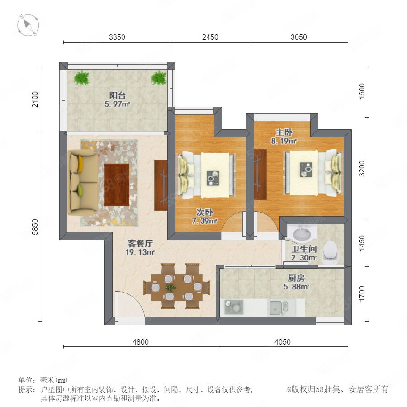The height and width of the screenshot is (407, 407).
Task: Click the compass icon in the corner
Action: (28, 25)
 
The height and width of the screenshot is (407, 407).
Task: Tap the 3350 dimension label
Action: (117, 37)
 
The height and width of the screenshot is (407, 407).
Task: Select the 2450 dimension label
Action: (210, 37)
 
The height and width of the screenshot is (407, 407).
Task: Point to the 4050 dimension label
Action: (283, 342)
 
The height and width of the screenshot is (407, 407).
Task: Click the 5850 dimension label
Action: (35, 227)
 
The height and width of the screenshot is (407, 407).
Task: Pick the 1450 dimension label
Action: (362, 243)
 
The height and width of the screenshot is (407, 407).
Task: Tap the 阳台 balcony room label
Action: (117, 95)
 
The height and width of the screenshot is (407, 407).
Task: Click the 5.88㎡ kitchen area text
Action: (296, 287)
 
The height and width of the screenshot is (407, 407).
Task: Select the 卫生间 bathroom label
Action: (304, 249)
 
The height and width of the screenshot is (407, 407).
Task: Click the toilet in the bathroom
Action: (331, 252)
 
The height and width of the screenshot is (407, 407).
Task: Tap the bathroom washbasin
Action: (302, 233)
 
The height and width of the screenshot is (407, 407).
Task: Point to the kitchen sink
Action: (278, 308)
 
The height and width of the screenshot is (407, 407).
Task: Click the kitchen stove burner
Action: (234, 307)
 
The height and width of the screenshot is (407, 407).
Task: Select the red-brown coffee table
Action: (117, 185)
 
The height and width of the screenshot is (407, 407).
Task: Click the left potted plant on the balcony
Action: (81, 78)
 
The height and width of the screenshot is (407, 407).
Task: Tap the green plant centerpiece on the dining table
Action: (170, 287)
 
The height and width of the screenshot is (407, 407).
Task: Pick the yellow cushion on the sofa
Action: (80, 164)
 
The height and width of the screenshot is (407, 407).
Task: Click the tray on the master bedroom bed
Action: (306, 170)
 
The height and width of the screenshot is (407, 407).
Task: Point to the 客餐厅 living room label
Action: (140, 243)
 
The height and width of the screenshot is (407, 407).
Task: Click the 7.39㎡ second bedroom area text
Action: (204, 221)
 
